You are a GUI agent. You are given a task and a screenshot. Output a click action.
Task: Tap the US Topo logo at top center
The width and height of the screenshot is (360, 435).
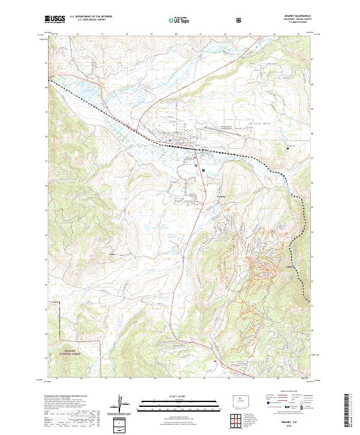(179, 20)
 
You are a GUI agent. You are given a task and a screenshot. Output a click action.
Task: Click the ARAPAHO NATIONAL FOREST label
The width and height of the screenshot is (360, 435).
(67, 353)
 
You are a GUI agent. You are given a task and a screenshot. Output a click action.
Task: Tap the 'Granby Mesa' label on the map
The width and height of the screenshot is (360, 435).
(259, 122)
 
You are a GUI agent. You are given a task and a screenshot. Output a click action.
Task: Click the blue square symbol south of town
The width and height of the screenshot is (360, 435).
(204, 170)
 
